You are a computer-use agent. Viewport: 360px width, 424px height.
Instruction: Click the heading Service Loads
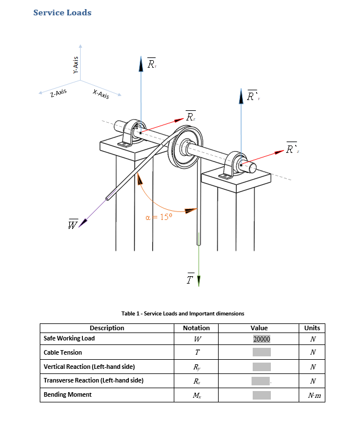point(62,13)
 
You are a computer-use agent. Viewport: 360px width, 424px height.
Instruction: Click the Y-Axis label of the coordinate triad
point(75,65)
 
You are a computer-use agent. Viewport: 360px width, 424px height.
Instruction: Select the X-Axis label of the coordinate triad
point(101,94)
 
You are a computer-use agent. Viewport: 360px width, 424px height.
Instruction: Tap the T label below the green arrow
point(191,279)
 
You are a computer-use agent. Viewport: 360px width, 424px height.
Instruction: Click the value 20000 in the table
point(261,339)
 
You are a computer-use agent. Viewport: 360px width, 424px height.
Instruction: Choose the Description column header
point(107,328)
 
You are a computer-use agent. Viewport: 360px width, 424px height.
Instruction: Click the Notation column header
point(196,328)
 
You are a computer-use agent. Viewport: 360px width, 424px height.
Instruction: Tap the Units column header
point(312,328)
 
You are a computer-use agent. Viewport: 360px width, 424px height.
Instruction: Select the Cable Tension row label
point(63,352)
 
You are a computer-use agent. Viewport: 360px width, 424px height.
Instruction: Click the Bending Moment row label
point(68,394)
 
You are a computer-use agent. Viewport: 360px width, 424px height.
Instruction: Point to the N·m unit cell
point(312,395)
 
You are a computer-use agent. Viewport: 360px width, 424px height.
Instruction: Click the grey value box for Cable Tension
point(261,352)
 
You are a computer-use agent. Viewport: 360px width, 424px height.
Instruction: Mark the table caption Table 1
point(183,313)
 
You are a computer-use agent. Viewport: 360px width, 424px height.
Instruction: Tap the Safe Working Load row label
point(69,338)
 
